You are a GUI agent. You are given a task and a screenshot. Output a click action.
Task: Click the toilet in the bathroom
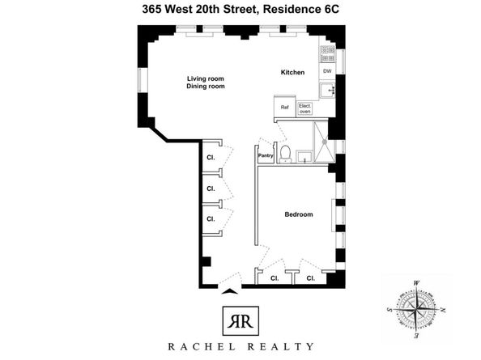point(284,153)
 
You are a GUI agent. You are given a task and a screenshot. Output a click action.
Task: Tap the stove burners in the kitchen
point(327,54)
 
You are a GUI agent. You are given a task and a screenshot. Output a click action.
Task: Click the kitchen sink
point(328,90)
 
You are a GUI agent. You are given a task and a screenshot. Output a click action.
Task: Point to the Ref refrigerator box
point(285,108)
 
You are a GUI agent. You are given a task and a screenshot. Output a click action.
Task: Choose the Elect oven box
point(305,108)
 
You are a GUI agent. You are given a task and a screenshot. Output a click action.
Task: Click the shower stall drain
point(326,140)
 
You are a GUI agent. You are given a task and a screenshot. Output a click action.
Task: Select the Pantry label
point(265,155)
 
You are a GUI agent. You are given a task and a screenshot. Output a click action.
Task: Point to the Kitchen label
point(292,73)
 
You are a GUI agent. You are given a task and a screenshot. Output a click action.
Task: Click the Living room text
point(205,77)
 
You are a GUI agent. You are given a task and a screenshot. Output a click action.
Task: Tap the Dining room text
point(205,86)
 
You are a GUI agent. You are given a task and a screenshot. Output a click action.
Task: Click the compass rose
point(418,308)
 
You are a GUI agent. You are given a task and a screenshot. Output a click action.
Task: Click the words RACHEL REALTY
point(240,346)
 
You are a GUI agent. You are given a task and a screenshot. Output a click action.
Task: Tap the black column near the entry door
point(206,262)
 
